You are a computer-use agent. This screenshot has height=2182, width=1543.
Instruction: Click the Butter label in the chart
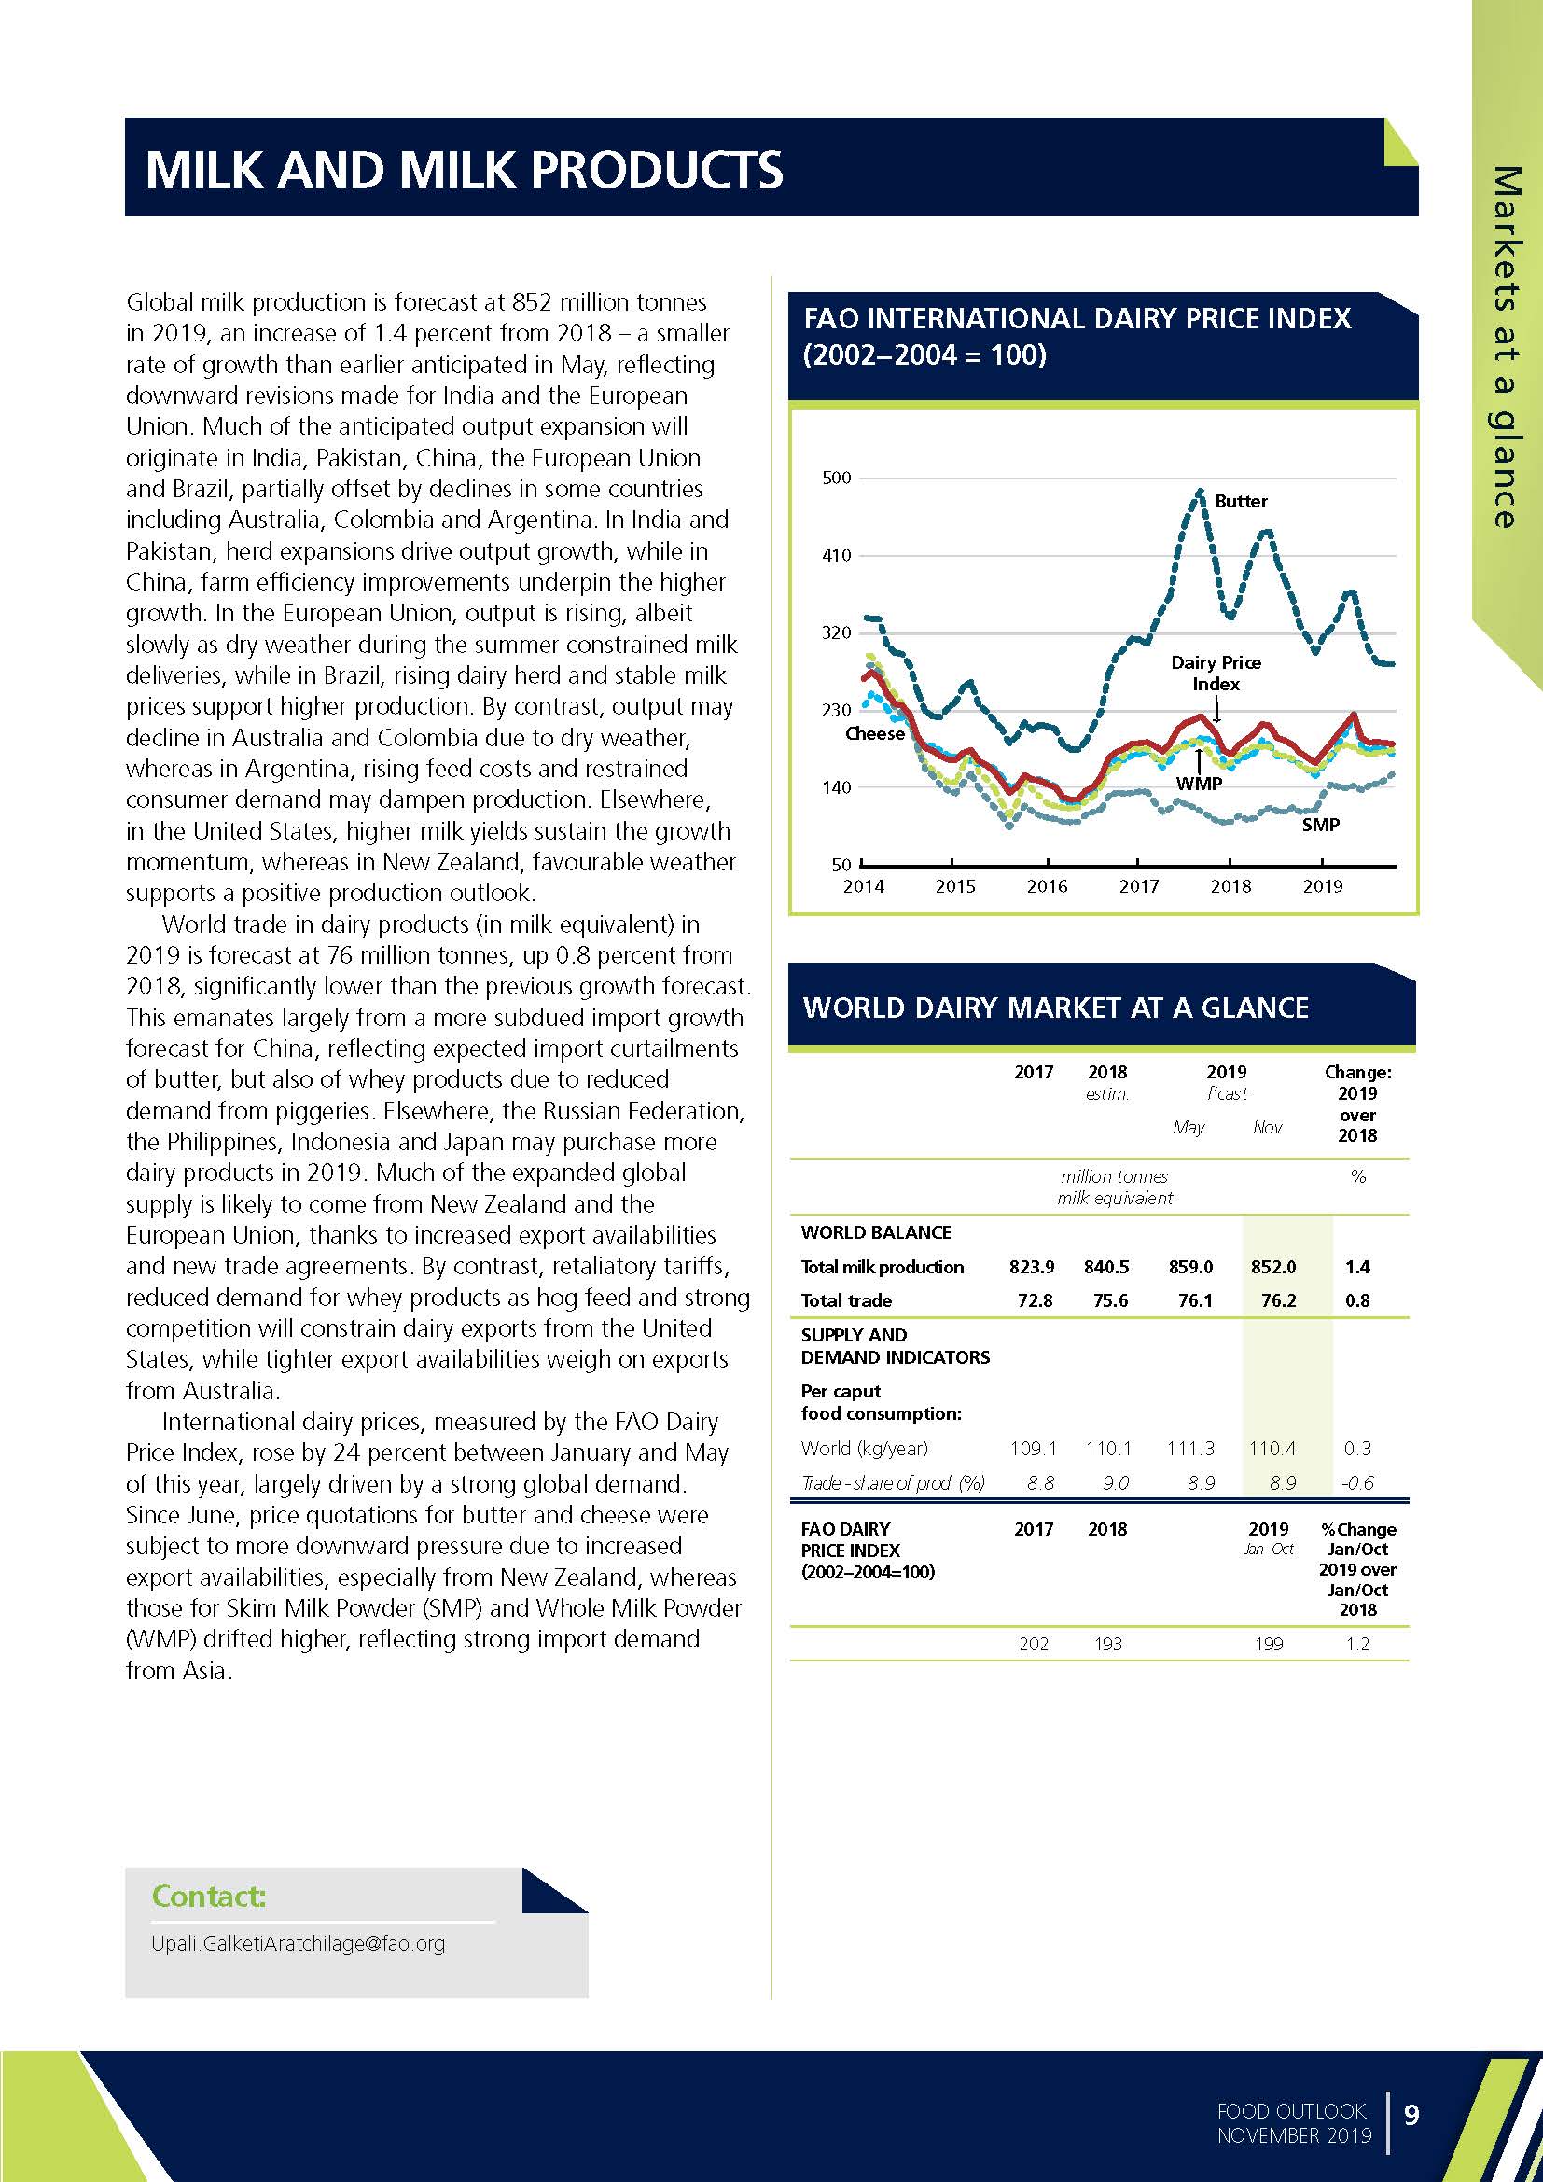coord(1240,501)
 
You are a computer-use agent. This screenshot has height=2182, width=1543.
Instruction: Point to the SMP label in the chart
coord(1320,825)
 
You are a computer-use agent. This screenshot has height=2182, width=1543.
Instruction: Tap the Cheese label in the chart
coord(874,734)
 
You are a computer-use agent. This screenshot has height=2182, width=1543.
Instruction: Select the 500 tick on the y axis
coord(836,478)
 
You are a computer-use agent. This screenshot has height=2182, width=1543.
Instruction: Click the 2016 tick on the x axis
coord(1047,886)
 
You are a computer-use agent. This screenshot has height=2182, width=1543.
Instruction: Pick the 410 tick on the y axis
coord(836,556)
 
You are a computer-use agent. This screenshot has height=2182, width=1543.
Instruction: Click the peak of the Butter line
coord(1200,492)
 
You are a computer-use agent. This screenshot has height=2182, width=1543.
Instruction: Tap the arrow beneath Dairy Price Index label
coord(1216,708)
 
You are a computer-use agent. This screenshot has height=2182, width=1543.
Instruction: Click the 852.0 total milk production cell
coord(1272,1267)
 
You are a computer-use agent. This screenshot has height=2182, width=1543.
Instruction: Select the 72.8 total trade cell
coord(1034,1300)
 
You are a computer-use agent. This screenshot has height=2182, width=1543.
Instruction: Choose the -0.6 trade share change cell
coord(1356,1482)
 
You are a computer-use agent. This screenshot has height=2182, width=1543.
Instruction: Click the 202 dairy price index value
coord(1034,1644)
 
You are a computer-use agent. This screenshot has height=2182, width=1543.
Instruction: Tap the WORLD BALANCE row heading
coord(875,1232)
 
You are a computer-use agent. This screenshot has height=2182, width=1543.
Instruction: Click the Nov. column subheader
coord(1268,1128)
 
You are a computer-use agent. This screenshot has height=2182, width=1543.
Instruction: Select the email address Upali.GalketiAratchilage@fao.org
coord(299,1943)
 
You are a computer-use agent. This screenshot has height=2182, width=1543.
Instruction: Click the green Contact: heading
coord(208,1897)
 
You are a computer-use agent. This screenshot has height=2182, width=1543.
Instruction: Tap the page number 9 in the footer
coord(1411,2115)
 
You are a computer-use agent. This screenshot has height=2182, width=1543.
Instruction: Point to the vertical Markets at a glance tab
coord(1506,347)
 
